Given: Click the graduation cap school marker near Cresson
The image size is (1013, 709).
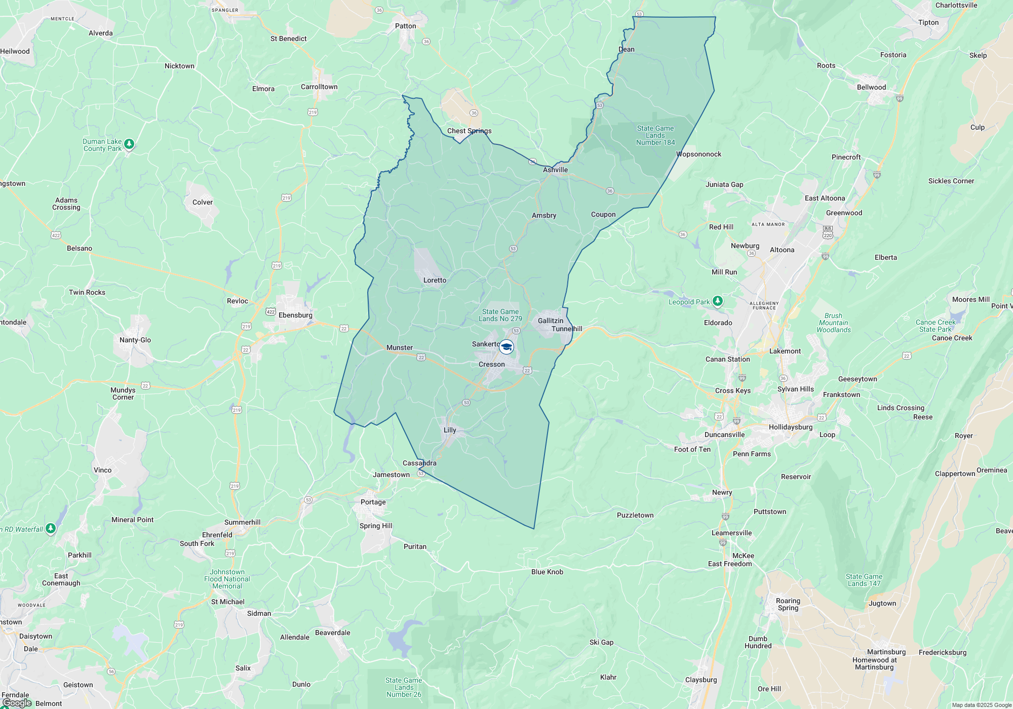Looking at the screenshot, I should tap(506, 347).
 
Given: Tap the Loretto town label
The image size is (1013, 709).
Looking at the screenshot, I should tap(435, 280).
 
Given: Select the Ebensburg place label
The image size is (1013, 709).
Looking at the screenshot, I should tap(295, 315).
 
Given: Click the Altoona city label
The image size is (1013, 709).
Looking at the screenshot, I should tap(782, 250).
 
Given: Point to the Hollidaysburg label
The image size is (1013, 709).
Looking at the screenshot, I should tap(790, 427).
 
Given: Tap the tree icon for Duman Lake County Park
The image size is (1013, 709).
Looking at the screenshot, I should tap(129, 144).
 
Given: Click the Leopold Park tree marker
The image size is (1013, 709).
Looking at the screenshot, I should tap(717, 301).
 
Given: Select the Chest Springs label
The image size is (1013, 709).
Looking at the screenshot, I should tap(469, 131).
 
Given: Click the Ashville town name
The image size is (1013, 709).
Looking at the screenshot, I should tap(555, 170).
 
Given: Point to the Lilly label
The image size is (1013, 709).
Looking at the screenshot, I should tap(450, 430).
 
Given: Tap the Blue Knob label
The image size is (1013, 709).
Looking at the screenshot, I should tap(547, 572).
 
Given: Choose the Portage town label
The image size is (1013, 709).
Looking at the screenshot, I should tap(373, 502).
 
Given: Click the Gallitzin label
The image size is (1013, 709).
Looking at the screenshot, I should tap(550, 321).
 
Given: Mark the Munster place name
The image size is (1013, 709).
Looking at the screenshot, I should tap(399, 347).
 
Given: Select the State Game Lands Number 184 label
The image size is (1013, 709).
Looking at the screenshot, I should tap(655, 135).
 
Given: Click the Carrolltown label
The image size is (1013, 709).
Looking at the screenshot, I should tap(319, 87).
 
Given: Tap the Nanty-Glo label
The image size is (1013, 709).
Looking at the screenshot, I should tap(135, 340).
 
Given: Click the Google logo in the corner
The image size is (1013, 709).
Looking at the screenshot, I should tap(17, 703).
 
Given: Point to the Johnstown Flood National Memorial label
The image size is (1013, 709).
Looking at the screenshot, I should tap(227, 579).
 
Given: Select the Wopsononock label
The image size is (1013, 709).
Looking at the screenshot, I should tap(698, 154).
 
